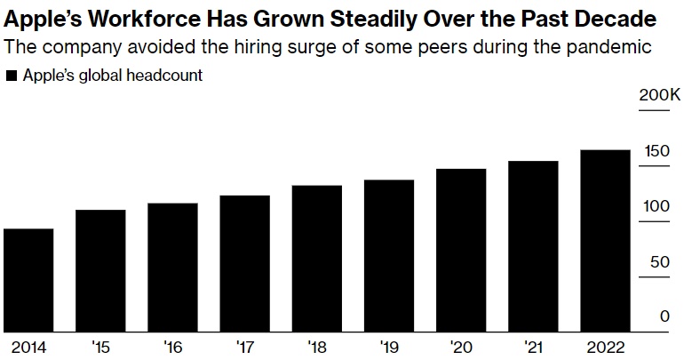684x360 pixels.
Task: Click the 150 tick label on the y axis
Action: [x=656, y=151]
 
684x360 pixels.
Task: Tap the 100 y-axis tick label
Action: [x=656, y=207]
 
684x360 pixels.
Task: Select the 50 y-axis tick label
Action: [x=660, y=262]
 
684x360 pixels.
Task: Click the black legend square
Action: [x=12, y=76]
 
